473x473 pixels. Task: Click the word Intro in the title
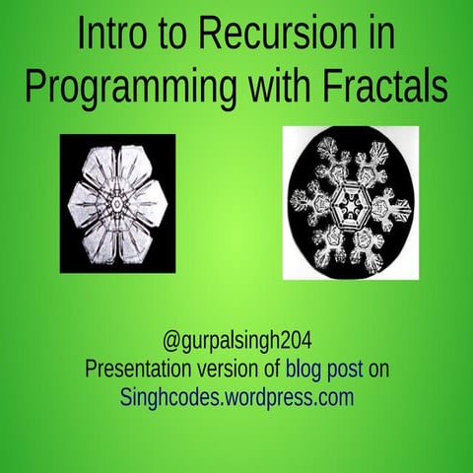pos(110,36)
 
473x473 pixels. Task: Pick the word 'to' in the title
pos(172,36)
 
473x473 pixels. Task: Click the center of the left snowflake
pos(117,204)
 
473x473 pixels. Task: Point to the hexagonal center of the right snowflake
pos(349,203)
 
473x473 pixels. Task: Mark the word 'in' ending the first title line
pos(379,36)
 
